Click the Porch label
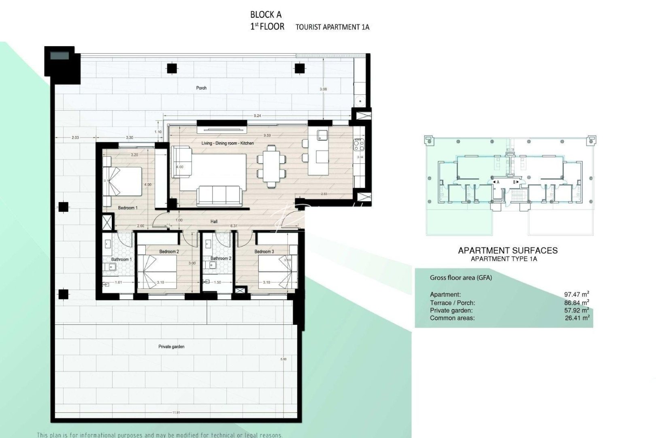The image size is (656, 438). (201, 88)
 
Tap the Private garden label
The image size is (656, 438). (171, 347)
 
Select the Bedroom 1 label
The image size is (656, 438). (128, 208)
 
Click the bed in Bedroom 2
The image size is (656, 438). (157, 271)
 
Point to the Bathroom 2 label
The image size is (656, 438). (221, 258)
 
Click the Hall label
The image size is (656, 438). (214, 221)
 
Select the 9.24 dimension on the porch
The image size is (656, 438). (257, 116)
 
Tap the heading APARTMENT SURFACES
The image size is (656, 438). (508, 251)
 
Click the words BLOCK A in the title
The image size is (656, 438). (266, 15)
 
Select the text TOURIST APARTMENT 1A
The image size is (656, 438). (332, 27)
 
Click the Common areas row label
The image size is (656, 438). (452, 318)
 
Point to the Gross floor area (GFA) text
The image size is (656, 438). (461, 278)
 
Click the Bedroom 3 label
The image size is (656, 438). (264, 252)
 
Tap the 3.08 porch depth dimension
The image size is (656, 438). (323, 89)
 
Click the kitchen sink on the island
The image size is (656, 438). (322, 135)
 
